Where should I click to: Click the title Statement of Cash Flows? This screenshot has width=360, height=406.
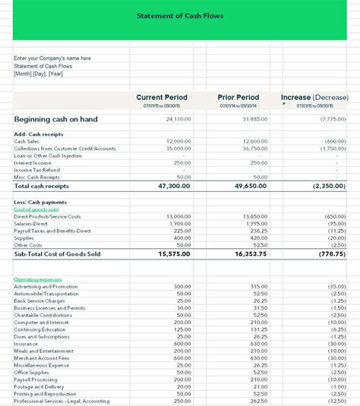pyautogui.click(x=180, y=15)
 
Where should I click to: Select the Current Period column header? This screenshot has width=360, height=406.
pyautogui.click(x=162, y=97)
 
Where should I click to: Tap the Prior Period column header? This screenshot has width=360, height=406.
pyautogui.click(x=238, y=97)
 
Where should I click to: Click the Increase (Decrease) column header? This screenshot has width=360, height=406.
pyautogui.click(x=314, y=97)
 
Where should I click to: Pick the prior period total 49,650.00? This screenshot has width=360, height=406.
pyautogui.click(x=249, y=185)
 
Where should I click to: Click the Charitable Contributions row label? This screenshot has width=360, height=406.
pyautogui.click(x=44, y=315)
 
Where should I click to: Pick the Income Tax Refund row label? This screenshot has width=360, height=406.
pyautogui.click(x=36, y=170)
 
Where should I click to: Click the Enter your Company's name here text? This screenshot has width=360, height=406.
pyautogui.click(x=52, y=58)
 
